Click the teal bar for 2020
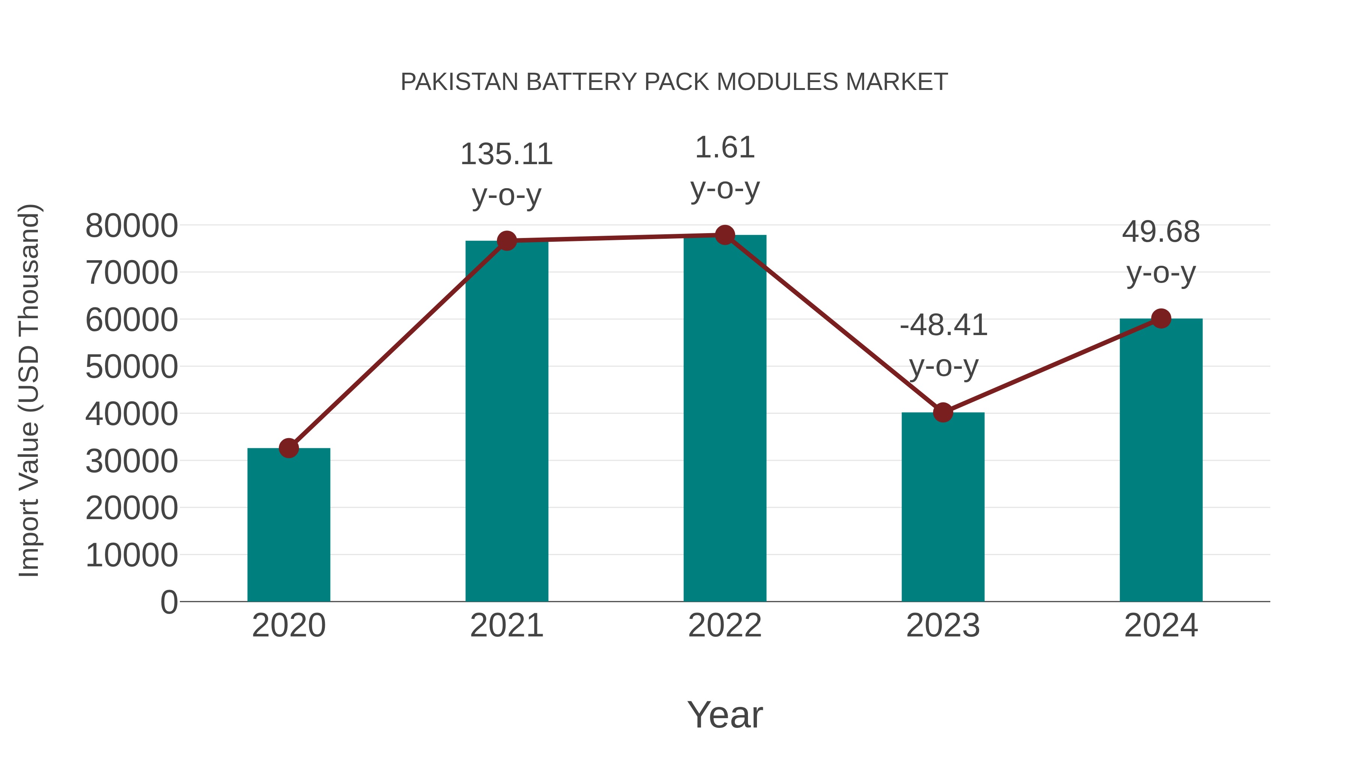pos(289,524)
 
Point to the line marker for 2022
pos(725,235)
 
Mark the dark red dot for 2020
pos(289,448)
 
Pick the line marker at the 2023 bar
pos(943,412)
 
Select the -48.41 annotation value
pos(943,325)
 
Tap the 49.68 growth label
pos(1161,232)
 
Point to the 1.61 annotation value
pos(725,148)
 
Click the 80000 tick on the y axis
pos(132,226)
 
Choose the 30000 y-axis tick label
pos(132,461)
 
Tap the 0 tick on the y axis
pos(169,602)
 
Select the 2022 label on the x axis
pos(725,626)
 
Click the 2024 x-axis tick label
pos(1161,626)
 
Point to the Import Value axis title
pos(29,390)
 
